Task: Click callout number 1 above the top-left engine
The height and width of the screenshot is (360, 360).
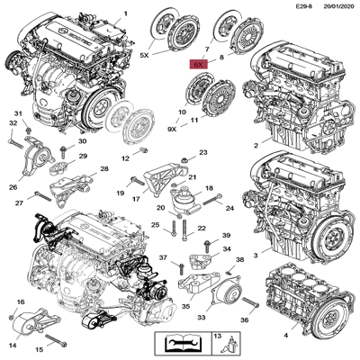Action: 125,12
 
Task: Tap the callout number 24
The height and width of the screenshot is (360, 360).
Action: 229,207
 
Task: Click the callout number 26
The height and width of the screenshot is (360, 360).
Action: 13,187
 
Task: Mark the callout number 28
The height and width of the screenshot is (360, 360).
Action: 105,169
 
